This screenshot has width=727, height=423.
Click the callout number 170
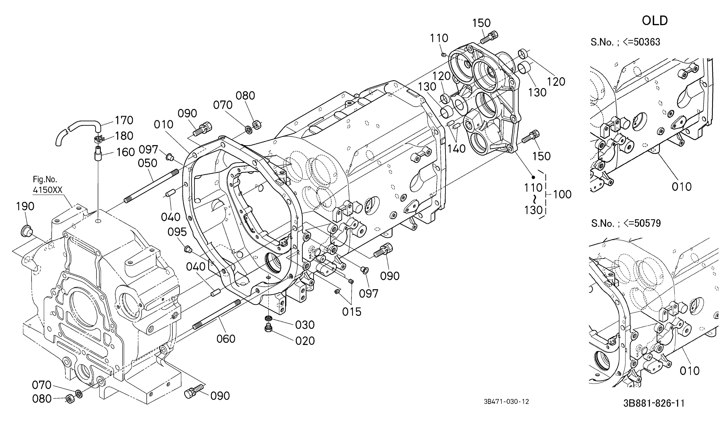(x=124, y=120)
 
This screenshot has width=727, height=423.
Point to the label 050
(x=147, y=163)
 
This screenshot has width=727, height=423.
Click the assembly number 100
(x=562, y=194)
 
